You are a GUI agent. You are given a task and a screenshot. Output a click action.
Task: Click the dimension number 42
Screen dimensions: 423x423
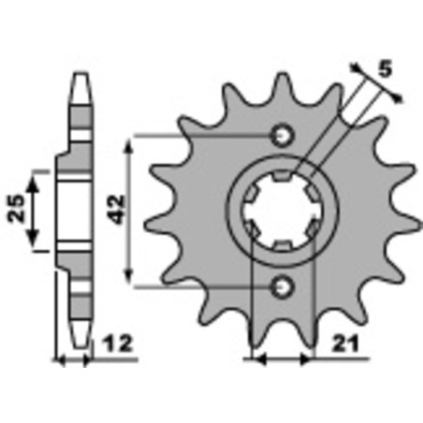117,210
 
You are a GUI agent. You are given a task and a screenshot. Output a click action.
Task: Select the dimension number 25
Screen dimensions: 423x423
17,208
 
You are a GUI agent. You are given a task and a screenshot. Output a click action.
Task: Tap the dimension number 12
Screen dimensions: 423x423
118,343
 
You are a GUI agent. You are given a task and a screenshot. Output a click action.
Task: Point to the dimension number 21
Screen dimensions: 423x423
344,344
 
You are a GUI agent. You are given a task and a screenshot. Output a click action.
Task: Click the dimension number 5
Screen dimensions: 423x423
386,69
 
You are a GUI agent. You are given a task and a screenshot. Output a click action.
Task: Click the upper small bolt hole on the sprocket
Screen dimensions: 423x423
283,136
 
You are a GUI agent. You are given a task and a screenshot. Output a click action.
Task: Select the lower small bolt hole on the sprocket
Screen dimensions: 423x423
283,286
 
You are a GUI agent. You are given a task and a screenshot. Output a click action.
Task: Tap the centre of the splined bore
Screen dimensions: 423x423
283,211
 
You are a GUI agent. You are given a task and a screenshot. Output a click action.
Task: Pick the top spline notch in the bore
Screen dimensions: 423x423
282,176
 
